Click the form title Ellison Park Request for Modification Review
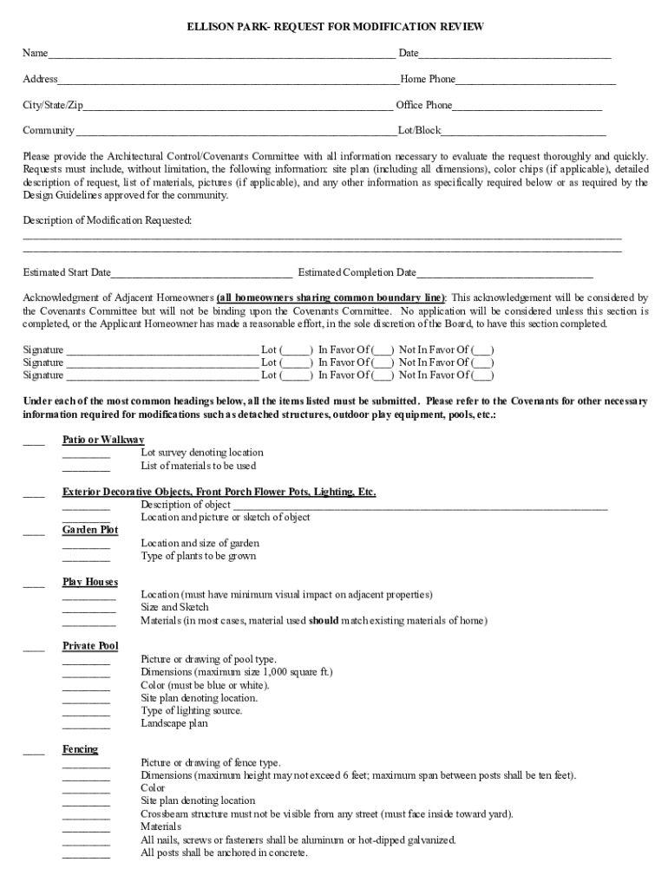tap(335, 28)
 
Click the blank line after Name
tap(221, 55)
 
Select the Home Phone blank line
tap(535, 82)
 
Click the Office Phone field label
tap(423, 105)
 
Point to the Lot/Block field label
tap(419, 131)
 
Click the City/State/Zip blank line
tap(238, 108)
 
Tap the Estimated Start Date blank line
tap(201, 274)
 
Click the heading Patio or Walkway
tap(103, 440)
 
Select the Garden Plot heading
tap(90, 530)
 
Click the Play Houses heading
tap(90, 582)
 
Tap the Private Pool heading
tap(90, 646)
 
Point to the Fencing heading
tap(80, 749)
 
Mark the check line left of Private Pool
tap(34, 648)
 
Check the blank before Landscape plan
tap(86, 725)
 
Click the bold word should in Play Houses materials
tap(324, 621)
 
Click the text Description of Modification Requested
tap(108, 221)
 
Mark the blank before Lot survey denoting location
tap(86, 454)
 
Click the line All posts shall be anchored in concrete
tap(224, 852)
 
